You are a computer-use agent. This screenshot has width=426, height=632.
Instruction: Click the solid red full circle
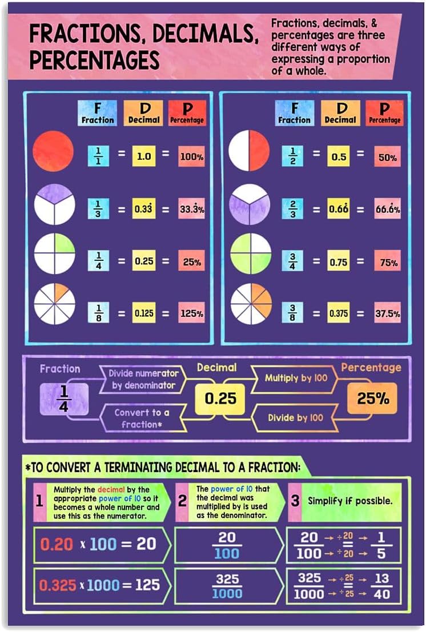(53, 151)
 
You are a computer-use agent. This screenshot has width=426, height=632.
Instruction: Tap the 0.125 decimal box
(144, 313)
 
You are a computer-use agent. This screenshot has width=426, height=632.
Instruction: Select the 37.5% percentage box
(388, 313)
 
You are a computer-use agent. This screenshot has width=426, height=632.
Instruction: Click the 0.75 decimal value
(339, 262)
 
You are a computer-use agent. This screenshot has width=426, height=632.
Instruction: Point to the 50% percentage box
(388, 156)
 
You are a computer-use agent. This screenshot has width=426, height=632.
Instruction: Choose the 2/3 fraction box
(293, 209)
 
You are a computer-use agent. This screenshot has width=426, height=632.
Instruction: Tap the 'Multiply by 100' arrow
(296, 378)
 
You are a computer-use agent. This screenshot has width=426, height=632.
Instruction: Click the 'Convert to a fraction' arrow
(142, 418)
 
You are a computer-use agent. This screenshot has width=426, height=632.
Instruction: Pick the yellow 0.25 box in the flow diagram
(220, 398)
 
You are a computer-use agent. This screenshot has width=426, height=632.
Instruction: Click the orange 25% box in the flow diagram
(373, 398)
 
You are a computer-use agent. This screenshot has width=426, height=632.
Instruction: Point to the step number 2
(182, 501)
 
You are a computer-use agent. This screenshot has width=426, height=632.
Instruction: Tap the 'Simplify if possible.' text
(350, 501)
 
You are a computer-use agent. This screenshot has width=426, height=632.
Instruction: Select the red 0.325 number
(57, 585)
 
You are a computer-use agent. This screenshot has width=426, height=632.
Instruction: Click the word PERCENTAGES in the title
(94, 59)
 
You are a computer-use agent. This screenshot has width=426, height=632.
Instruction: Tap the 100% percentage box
(192, 156)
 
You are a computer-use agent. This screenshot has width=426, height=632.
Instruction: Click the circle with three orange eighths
(250, 304)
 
